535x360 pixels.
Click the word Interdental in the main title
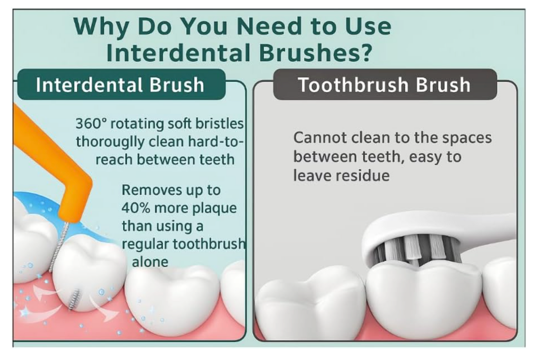pyautogui.click(x=178, y=52)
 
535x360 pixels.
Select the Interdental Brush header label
pyautogui.click(x=121, y=84)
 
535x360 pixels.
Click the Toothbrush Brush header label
pyautogui.click(x=385, y=84)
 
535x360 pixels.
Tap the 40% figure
pyautogui.click(x=136, y=208)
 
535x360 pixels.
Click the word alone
pyautogui.click(x=150, y=262)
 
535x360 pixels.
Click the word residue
pyautogui.click(x=363, y=176)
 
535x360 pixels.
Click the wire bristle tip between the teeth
pyautogui.click(x=74, y=299)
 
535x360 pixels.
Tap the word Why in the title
pyautogui.click(x=101, y=27)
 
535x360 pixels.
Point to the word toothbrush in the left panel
pyautogui.click(x=209, y=244)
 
